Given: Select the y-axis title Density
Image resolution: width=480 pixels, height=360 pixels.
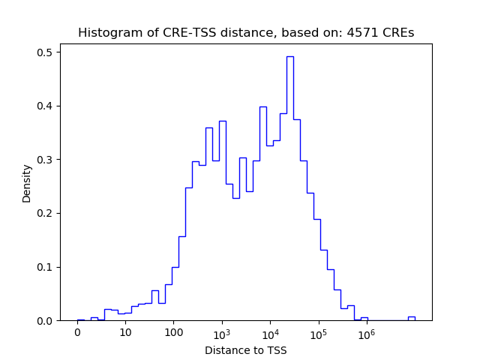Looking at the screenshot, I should click(27, 183).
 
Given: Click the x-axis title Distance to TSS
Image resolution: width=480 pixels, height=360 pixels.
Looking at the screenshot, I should click(245, 350).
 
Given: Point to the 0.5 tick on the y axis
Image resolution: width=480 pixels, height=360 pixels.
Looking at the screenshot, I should click(45, 52).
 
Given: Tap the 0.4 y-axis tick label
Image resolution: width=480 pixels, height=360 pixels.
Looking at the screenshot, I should click(45, 106).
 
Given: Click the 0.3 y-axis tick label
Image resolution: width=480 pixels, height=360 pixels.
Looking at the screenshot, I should click(45, 160).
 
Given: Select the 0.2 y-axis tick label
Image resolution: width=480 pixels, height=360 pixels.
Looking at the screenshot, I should click(45, 213).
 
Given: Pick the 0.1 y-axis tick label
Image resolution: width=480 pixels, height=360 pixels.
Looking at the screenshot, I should click(45, 267).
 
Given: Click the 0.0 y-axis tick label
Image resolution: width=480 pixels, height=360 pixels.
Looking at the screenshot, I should click(45, 321).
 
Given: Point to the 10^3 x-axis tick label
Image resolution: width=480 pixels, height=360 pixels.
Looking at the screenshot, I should click(222, 333).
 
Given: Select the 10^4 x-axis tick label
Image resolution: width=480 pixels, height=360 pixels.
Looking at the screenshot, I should click(270, 333).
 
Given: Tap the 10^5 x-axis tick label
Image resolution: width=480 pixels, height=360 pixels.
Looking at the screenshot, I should click(318, 333).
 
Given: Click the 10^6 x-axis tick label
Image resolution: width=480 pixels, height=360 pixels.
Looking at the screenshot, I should click(366, 333).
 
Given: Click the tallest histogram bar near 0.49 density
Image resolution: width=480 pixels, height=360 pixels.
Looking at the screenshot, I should click(289, 187).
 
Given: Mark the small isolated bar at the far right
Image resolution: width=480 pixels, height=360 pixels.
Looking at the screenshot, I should click(411, 318).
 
